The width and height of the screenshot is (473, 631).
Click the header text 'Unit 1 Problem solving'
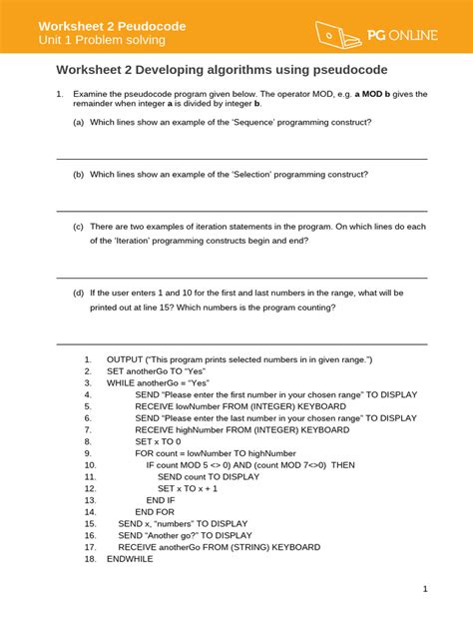tap(102, 40)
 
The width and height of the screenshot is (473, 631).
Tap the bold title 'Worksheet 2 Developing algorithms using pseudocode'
tap(222, 70)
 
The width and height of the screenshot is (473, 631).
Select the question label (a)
tap(78, 122)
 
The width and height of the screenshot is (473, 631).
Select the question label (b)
tap(78, 174)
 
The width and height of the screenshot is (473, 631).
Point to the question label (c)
tap(78, 227)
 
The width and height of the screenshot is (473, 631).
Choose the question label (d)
tap(78, 294)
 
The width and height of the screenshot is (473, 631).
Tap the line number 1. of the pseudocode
tap(88, 359)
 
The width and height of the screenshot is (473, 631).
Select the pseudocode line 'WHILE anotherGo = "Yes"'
tap(159, 383)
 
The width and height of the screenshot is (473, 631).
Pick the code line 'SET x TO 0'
tap(158, 440)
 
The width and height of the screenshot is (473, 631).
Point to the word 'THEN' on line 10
tap(342, 464)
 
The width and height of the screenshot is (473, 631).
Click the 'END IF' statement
tap(161, 500)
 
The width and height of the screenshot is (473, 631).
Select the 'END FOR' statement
tap(155, 511)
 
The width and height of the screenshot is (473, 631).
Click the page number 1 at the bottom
tap(424, 589)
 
